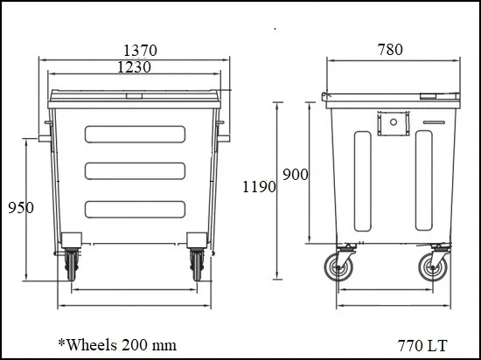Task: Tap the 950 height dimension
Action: [x=20, y=207]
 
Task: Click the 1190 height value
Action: [x=260, y=186]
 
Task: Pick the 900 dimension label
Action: [x=295, y=175]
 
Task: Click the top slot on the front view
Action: [x=135, y=134]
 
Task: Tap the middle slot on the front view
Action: [x=135, y=170]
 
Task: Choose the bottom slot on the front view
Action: [x=135, y=207]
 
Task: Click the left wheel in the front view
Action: [x=71, y=264]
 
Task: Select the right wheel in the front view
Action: [x=197, y=264]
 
